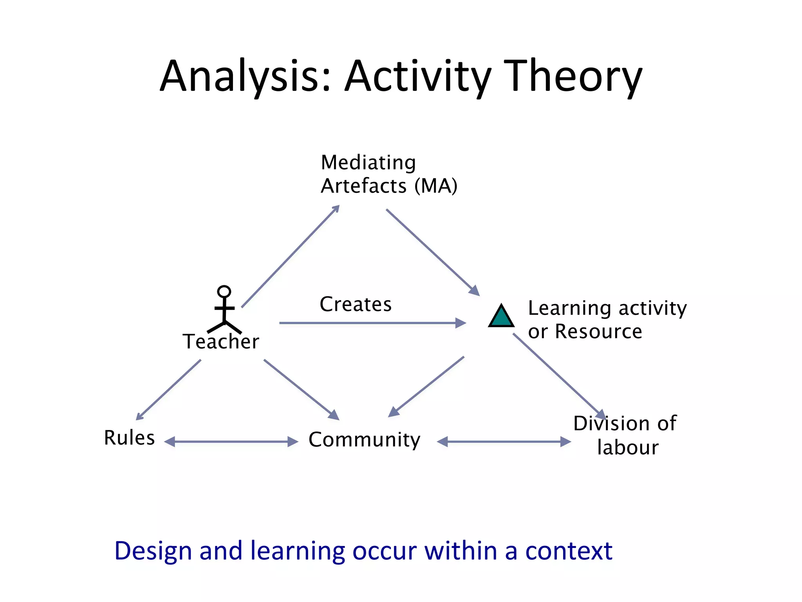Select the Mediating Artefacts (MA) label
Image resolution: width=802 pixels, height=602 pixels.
coord(388,174)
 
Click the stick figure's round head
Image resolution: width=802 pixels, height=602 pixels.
coord(224,292)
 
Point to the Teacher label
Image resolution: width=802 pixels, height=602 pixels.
coord(221,341)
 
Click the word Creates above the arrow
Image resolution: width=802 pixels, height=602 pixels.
coord(356,304)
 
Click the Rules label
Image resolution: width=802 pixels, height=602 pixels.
coord(129,437)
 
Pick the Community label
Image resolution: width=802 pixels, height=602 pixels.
coord(364,439)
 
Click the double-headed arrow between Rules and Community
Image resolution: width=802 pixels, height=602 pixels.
coord(231,442)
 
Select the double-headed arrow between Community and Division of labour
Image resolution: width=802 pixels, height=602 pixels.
coord(504,442)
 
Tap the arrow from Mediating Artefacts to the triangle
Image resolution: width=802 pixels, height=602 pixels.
coord(433,252)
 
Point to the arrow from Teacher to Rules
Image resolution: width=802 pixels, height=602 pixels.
coord(168,390)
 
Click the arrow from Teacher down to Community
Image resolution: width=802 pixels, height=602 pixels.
coord(301,390)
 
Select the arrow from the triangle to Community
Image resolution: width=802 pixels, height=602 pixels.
coord(426,386)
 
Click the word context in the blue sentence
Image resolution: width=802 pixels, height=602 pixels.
coord(568,551)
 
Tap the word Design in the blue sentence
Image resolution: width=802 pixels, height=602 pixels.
coord(153,551)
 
